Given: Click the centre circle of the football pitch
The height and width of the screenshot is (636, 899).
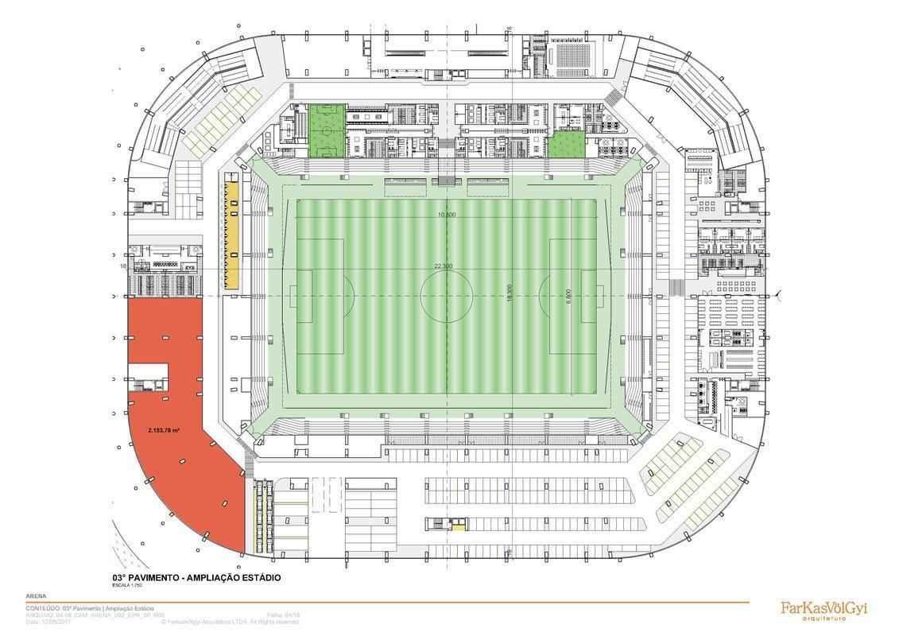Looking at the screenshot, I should point(446,296).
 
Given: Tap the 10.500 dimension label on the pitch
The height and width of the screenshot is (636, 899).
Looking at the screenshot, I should point(446,215).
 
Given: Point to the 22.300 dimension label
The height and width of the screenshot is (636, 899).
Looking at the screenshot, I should point(443,266).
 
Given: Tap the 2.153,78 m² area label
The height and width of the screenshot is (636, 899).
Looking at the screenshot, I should point(163,430).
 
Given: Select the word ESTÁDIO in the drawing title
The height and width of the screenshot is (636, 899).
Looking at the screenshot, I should point(258,578).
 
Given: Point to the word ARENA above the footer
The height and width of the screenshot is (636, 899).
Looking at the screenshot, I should point(36,596).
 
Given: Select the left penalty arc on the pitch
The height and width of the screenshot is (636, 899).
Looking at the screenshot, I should point(347,296).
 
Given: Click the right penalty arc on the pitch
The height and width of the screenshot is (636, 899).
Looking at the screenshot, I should point(544,296).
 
